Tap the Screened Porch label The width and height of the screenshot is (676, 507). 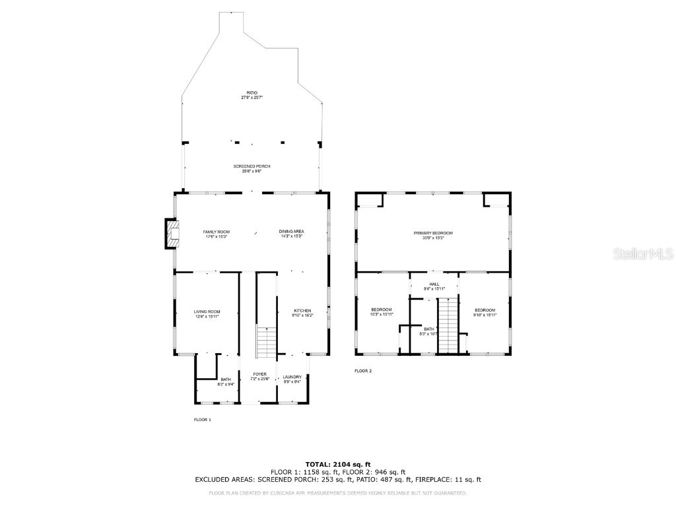coord(252,168)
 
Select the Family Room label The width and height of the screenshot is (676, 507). coord(216,234)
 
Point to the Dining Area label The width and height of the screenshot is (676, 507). coord(291,234)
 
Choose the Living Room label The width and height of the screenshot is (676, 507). coord(207,314)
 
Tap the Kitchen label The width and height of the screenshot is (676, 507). coord(302,313)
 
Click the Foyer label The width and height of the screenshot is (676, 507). coord(259,376)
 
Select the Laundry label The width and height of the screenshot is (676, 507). coord(292,379)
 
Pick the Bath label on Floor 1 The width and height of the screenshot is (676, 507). coord(226,381)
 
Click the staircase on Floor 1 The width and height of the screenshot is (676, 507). coord(265,342)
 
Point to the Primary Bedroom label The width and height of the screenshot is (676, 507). coord(433,235)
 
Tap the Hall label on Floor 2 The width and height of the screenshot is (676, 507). coord(434,286)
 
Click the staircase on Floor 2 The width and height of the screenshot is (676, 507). coord(448,325)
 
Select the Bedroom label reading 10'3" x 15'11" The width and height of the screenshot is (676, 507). coord(382,312)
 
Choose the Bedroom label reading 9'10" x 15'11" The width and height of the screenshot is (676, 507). coord(485,312)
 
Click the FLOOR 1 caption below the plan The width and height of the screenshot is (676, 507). coord(202,419)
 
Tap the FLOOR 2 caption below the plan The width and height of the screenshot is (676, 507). coord(363,371)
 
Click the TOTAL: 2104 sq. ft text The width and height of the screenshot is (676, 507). coord(337,464)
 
